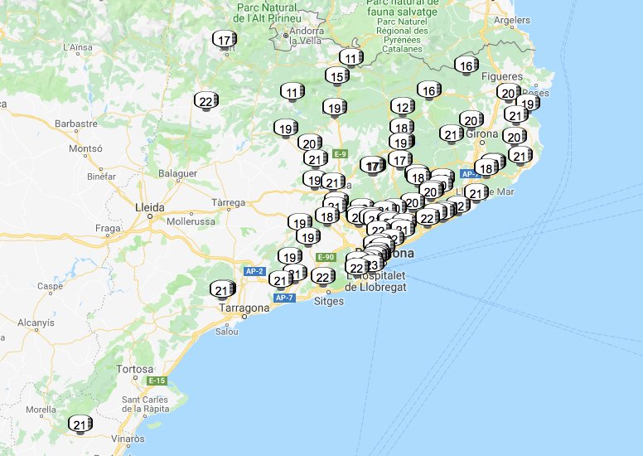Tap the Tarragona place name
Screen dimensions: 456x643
pos(244,308)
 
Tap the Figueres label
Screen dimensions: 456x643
pos(506,76)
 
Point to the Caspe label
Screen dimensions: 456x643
pos(50,286)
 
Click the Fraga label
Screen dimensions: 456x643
pos(108,227)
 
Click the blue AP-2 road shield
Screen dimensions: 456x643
pos(254,271)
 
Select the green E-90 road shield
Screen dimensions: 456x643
pos(324,258)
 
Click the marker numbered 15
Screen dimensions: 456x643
pos(336,76)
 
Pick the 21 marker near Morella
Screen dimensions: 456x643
pos(80,424)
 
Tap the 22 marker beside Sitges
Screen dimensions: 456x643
pos(324,276)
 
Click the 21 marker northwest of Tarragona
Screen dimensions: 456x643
pos(222,289)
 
